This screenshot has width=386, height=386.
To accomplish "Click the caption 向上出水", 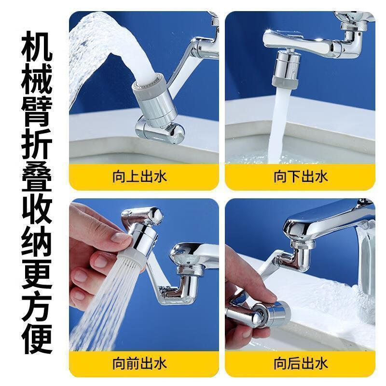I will coord(139,177).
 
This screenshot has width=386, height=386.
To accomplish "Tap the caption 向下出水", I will coord(301,177).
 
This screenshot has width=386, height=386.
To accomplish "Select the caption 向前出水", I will coord(139,362).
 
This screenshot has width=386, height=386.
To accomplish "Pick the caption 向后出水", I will coord(301,362).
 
